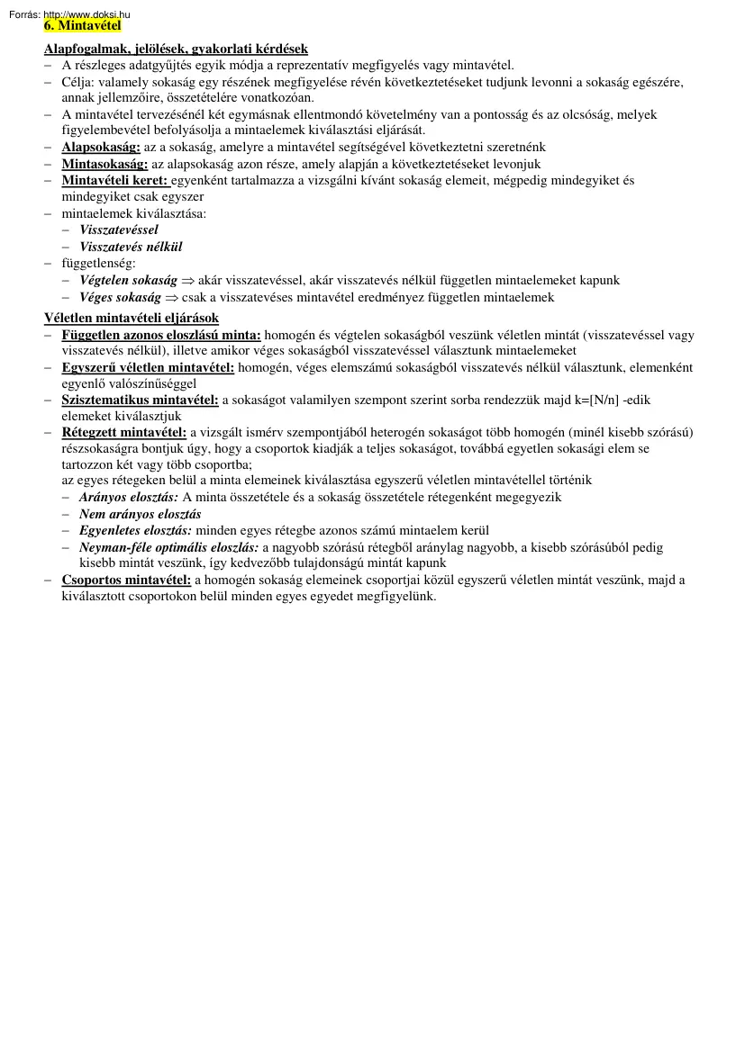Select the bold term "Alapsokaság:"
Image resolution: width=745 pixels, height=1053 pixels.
(x=101, y=147)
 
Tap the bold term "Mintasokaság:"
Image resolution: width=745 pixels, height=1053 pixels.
(x=104, y=164)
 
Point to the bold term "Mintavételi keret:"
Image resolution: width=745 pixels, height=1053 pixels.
(x=114, y=180)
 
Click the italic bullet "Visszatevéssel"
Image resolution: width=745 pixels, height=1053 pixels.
(x=118, y=229)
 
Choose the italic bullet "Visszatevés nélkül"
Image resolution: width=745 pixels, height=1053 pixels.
(x=131, y=246)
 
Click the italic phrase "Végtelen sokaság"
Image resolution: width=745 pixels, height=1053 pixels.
(x=128, y=280)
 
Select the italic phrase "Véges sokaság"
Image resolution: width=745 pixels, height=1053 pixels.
(x=120, y=297)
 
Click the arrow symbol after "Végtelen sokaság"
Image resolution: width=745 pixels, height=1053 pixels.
(x=188, y=281)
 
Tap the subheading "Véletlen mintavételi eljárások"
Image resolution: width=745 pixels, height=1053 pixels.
(x=132, y=318)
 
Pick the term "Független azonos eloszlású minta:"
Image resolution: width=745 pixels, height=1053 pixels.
(x=161, y=335)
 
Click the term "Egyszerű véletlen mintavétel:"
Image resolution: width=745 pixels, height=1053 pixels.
(x=148, y=367)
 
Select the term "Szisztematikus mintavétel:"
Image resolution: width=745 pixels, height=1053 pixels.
(x=140, y=400)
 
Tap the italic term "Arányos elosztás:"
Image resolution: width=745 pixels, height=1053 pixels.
(x=129, y=497)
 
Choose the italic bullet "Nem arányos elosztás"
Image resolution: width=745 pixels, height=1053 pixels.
(x=140, y=514)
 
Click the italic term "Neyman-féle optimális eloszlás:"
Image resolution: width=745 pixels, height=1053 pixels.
(x=169, y=547)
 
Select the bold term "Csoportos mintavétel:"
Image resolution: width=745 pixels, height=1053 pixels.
(x=126, y=580)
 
